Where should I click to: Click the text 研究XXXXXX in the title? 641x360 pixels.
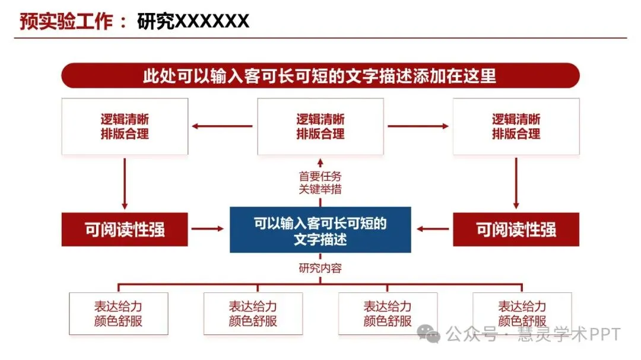[x=193, y=21]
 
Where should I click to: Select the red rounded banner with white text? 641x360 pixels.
[x=320, y=76]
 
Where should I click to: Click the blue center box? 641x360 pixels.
[x=320, y=230]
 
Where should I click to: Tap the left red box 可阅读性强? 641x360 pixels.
[x=125, y=230]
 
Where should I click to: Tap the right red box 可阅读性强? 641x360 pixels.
[x=516, y=230]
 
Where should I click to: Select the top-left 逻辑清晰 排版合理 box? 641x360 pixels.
[x=125, y=126]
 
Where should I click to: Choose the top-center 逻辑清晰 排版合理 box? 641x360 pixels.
[x=320, y=126]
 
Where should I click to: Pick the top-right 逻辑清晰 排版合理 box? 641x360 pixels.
[x=516, y=126]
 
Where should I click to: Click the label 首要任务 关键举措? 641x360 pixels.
[x=320, y=183]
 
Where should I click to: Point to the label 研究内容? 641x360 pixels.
[x=320, y=267]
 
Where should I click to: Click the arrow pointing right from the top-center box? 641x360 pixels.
[x=418, y=126]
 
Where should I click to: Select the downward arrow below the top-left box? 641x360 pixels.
[x=125, y=183]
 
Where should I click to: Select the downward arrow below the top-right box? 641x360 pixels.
[x=516, y=183]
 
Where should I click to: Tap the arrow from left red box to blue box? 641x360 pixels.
[x=208, y=229]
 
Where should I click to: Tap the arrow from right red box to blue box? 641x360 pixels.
[x=433, y=229]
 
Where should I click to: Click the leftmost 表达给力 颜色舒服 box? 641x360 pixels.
[x=118, y=314]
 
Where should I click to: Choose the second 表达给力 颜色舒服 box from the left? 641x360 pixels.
[x=253, y=314]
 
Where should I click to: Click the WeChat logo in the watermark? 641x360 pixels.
[x=429, y=334]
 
